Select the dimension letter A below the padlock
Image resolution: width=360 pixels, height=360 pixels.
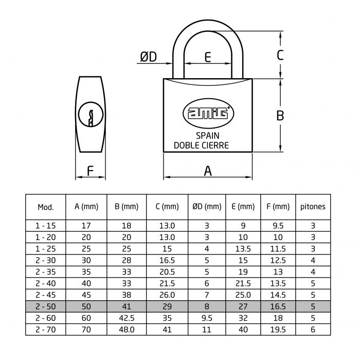(x=208, y=171)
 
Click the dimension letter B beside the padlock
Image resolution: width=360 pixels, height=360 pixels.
(x=280, y=116)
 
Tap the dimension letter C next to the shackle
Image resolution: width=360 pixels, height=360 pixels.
(x=280, y=55)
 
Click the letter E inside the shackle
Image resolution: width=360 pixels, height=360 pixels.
(x=208, y=57)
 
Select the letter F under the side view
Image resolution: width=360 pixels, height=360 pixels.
(x=90, y=171)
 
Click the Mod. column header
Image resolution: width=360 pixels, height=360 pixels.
(x=46, y=207)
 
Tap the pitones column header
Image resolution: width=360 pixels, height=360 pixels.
(x=313, y=207)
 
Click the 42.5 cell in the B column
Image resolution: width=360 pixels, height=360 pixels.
(x=127, y=317)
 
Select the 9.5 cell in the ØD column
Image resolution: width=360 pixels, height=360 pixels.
(x=207, y=317)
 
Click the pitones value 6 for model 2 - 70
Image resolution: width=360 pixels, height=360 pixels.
(x=313, y=329)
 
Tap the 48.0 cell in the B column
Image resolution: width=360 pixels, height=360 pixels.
(x=127, y=329)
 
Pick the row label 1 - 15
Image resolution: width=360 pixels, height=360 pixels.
(x=46, y=225)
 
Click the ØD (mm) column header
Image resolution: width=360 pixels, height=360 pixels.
(x=207, y=207)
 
